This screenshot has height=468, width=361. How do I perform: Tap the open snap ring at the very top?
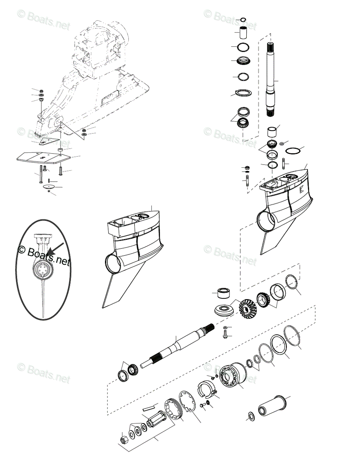(243, 19)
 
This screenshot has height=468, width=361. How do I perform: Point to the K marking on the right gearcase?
(302, 192)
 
